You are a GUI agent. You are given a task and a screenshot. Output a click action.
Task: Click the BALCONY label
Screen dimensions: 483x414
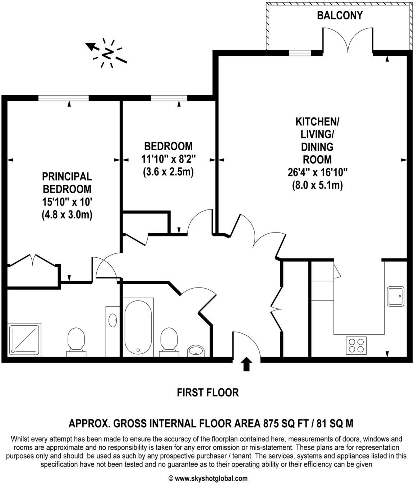[x=339, y=15]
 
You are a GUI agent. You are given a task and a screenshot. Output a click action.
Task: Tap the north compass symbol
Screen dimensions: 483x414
[x=107, y=53]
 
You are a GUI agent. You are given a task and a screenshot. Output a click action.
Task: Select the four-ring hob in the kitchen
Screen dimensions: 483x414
[x=356, y=345]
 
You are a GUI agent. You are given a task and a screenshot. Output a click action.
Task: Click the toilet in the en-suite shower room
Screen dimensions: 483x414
[x=76, y=342]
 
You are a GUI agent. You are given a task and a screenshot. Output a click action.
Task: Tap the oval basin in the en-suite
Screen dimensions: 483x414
[x=113, y=320]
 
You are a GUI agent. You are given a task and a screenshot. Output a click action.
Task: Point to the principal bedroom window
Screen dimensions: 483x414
[x=64, y=98]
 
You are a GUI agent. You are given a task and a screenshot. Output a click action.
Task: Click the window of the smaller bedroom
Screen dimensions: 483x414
[x=169, y=98]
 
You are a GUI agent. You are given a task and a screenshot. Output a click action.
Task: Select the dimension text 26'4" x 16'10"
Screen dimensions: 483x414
[x=317, y=172]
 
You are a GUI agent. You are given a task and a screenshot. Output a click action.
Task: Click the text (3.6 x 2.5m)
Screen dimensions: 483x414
[x=169, y=172]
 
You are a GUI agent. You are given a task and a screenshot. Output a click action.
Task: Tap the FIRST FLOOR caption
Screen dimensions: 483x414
[x=208, y=392]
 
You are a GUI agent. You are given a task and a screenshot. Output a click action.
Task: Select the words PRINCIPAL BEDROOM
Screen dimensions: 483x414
[x=67, y=183]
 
